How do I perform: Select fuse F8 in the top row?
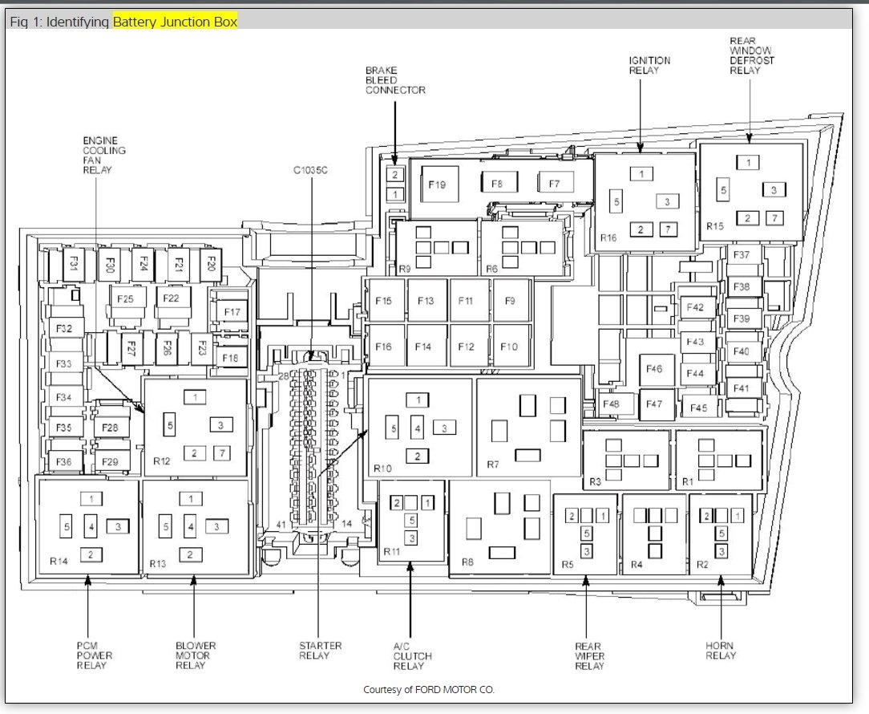click(x=499, y=183)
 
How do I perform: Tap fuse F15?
click(x=383, y=301)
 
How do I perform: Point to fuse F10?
click(x=509, y=347)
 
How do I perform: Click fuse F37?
click(x=742, y=254)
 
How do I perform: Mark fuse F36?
click(x=64, y=461)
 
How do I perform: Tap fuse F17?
click(x=232, y=312)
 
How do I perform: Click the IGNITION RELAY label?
click(x=649, y=66)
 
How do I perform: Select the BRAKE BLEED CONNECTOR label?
click(x=395, y=80)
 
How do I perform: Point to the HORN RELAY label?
click(x=721, y=651)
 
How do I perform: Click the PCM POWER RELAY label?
click(x=95, y=655)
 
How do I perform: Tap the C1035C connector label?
click(x=310, y=170)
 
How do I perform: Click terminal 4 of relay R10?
click(x=418, y=428)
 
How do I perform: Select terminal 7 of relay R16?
click(x=669, y=229)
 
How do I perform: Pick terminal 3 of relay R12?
click(x=220, y=425)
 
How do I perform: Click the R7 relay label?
click(x=493, y=465)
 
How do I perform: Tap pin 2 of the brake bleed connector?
click(x=394, y=175)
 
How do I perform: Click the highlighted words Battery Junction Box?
click(x=175, y=22)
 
